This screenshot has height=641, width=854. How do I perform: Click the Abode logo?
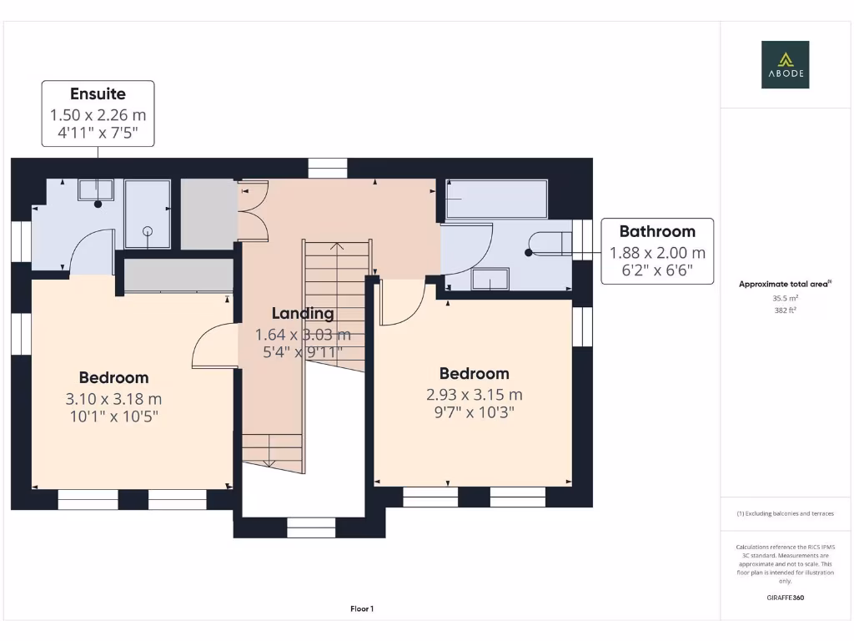785,64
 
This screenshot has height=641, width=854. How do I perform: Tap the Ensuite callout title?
98,93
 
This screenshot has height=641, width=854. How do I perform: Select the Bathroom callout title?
657,231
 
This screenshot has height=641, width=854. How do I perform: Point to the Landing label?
303,314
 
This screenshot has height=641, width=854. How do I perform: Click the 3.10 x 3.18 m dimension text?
113,399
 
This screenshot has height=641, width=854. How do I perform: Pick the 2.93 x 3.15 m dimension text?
475,395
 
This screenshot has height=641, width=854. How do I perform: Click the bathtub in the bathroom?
496,199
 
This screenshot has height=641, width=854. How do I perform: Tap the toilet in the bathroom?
551,244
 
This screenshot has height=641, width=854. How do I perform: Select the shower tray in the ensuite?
148,215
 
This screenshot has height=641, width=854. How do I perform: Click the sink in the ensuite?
96,190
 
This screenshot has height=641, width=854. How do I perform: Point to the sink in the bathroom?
490,279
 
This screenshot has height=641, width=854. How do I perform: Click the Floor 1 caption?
362,608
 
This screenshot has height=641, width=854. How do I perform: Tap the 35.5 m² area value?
786,298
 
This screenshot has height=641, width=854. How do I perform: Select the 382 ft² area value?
786,310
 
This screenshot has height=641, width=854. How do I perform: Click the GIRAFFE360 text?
786,598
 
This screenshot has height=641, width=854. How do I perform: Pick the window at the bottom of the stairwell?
311,527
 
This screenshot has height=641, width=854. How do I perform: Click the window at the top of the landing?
327,168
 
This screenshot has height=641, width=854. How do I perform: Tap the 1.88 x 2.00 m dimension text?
657,253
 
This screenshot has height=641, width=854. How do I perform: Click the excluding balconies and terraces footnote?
786,513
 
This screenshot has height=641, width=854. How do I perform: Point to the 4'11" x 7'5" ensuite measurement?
98,133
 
